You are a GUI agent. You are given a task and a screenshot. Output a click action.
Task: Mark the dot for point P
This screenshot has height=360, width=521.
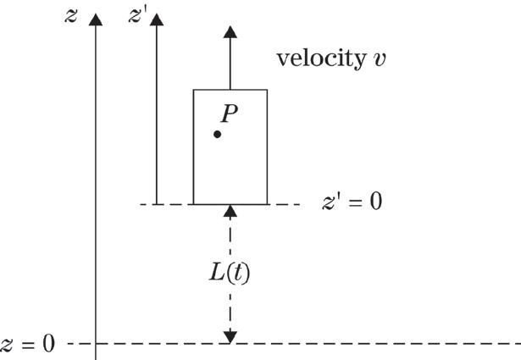[x=218, y=134]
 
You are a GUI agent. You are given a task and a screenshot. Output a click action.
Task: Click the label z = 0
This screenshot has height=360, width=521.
[x=28, y=344]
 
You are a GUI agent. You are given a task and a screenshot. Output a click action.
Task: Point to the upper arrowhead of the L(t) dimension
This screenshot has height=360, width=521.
[x=230, y=210]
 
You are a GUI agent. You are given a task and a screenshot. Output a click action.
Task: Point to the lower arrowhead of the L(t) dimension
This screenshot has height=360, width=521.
[x=230, y=338]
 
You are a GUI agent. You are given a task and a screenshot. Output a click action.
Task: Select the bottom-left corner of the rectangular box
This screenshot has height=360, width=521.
[x=194, y=204]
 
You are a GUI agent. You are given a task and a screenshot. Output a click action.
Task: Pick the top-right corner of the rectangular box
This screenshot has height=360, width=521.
[x=267, y=89]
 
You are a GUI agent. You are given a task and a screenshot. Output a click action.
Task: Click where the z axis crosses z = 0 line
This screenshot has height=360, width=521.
[x=97, y=344]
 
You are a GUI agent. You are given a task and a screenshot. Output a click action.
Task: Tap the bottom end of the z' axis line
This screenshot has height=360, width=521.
[x=156, y=203]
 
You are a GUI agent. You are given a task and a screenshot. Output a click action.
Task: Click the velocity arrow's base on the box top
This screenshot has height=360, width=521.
[x=230, y=89]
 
